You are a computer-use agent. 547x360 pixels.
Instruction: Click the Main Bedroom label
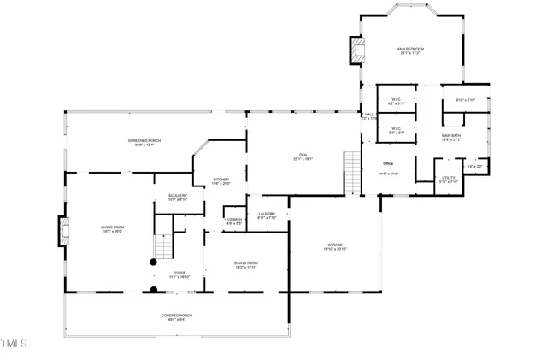coord(410,50)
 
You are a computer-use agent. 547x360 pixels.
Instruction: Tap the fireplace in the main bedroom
coord(356,50)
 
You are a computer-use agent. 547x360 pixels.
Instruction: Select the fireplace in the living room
coord(62,231)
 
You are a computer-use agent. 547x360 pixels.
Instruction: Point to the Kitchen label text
coord(221,180)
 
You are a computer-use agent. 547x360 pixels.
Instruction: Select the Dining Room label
coord(247,263)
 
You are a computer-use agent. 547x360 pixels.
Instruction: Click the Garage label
coord(334,245)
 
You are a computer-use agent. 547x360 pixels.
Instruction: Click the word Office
coord(387,163)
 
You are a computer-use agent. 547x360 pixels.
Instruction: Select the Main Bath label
coord(451,136)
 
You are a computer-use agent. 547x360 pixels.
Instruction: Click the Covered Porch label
coord(177,316)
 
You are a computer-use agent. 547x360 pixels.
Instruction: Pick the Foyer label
coord(179,274)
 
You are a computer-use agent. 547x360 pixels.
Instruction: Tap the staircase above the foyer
coord(162,246)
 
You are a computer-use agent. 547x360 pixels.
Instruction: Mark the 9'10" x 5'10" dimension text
coord(465,101)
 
